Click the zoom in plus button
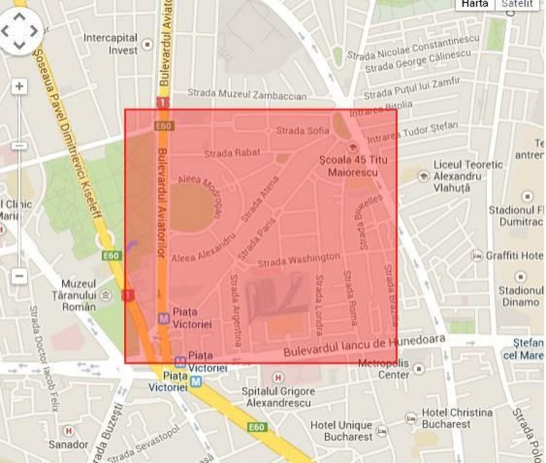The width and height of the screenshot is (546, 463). coord(19,86)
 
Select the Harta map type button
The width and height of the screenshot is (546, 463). coord(474,4)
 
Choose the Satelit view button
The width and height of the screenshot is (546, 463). coord(518,4)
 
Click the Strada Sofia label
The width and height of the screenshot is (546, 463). coord(303,130)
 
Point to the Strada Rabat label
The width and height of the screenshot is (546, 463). coord(232,153)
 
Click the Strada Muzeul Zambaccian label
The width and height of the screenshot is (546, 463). coord(246,94)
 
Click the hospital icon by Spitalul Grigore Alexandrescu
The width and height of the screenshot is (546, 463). coord(278,378)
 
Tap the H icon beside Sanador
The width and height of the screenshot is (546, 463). coord(69,431)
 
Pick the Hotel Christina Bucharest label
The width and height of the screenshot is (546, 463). coord(457,418)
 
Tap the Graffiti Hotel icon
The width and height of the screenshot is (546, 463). coord(477,256)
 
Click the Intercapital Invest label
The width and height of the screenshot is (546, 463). coord(111,44)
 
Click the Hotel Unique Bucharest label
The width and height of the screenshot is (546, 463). coord(341,430)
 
